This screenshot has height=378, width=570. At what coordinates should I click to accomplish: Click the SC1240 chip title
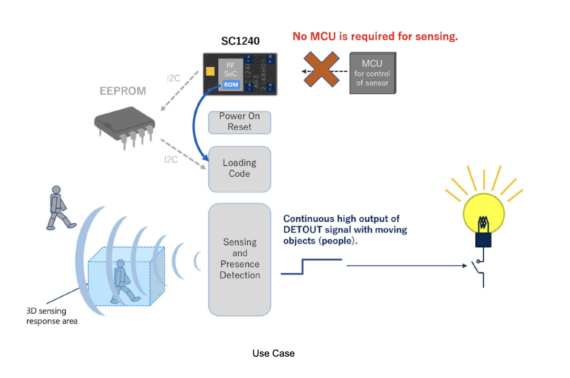[240, 41]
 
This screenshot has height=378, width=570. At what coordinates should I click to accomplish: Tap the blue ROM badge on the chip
[231, 84]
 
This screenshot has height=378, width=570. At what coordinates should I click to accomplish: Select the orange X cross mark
[321, 69]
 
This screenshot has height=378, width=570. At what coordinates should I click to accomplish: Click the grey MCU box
[372, 73]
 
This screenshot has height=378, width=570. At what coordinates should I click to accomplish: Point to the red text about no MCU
[375, 36]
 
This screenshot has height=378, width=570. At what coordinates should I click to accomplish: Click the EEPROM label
[123, 91]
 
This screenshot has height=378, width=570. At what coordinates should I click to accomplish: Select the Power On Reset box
[239, 122]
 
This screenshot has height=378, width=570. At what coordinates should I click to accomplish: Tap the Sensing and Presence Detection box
[239, 259]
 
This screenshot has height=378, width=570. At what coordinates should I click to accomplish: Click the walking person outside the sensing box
[59, 208]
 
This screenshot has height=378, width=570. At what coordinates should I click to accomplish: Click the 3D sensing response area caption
[52, 316]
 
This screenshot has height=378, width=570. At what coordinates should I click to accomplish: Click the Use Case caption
[273, 353]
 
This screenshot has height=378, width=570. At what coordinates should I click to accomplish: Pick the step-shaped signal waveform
[311, 266]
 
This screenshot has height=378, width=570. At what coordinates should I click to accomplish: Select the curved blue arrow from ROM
[195, 124]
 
